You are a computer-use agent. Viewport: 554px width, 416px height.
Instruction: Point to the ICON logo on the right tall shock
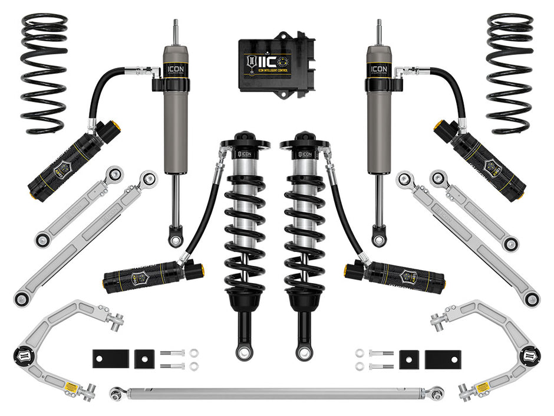coord(379,68)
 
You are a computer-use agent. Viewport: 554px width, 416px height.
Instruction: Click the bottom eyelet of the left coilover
coord(244,353)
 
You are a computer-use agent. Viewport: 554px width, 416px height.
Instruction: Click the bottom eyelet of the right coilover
coord(304,353)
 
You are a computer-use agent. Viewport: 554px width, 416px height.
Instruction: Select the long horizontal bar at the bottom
coord(277,392)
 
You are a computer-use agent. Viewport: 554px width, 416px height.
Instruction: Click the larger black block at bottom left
coord(110,359)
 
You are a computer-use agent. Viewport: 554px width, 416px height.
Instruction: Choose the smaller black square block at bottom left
coord(144,359)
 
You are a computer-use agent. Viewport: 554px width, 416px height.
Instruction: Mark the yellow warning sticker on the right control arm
coord(482,386)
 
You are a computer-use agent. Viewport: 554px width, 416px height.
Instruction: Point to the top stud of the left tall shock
coord(175,32)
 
